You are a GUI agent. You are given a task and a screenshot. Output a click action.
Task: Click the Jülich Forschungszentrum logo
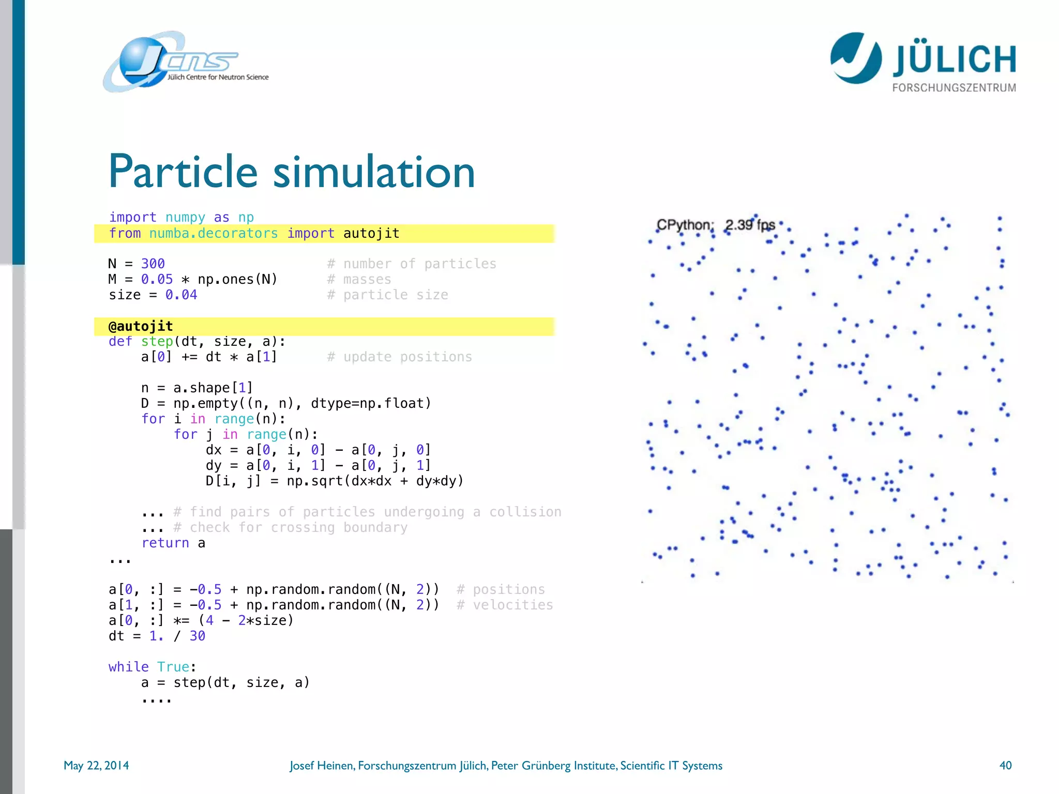922,62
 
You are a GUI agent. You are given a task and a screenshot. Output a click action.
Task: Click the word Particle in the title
183,172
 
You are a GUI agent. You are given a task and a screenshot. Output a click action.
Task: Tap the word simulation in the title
373,172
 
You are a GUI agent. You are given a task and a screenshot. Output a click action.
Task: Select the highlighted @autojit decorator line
141,326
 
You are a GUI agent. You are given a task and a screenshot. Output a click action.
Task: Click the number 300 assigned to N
153,264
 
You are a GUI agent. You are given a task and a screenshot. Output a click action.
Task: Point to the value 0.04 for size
181,295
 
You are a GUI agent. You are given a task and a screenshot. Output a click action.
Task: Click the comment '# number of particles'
412,264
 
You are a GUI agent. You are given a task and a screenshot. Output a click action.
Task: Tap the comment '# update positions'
399,357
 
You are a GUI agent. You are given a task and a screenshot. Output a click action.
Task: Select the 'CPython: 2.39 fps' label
716,225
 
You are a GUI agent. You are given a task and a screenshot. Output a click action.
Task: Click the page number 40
1005,765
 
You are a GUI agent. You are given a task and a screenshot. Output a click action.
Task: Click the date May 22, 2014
96,765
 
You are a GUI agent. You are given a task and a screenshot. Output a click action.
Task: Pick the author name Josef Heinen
322,765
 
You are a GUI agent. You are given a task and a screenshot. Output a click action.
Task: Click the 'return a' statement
173,543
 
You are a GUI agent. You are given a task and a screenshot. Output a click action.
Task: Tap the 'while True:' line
152,667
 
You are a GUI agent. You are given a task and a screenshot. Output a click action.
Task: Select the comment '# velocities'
505,605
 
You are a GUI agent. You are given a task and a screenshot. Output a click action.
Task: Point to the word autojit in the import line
371,233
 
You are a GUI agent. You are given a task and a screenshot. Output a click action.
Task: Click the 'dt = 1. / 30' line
157,636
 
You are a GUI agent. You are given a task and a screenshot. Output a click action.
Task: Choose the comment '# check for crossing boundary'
291,527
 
